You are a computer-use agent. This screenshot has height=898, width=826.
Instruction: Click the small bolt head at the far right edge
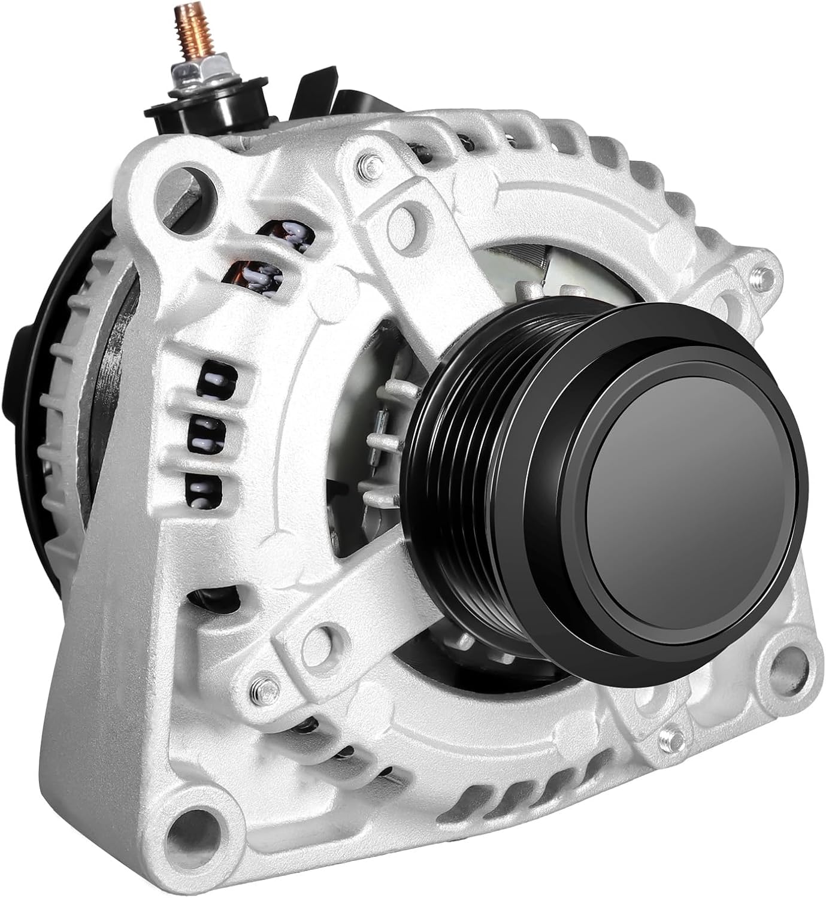[764, 275]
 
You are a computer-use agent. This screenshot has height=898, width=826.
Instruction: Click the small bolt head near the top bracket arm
[367, 163]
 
